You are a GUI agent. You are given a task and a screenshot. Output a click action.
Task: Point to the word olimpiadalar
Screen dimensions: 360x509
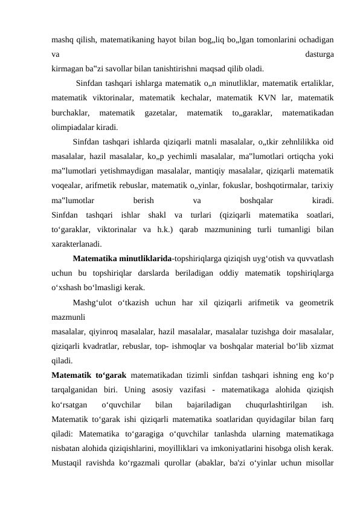pyautogui.click(x=73, y=127)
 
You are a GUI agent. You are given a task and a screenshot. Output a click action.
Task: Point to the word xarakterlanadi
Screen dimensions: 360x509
pyautogui.click(x=77, y=244)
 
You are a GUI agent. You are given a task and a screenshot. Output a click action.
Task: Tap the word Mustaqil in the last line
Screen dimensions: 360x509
pyautogui.click(x=68, y=462)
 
